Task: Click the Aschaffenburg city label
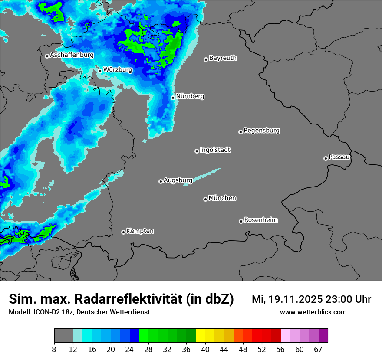pyautogui.click(x=72, y=55)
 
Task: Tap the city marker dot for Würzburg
pyautogui.click(x=100, y=71)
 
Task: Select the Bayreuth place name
pyautogui.click(x=223, y=58)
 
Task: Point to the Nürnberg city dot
pyautogui.click(x=173, y=98)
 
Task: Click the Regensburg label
pyautogui.click(x=261, y=130)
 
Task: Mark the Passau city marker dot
pyautogui.click(x=326, y=158)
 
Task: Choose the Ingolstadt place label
pyautogui.click(x=215, y=150)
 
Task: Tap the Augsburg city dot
pyautogui.click(x=161, y=181)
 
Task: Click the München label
pyautogui.click(x=222, y=198)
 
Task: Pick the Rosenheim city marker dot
pyautogui.click(x=241, y=221)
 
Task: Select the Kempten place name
pyautogui.click(x=140, y=231)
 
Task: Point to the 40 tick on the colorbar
pyautogui.click(x=205, y=350)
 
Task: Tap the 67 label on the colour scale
pyautogui.click(x=318, y=350)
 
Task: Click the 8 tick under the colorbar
pyautogui.click(x=54, y=350)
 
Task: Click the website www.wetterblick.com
pyautogui.click(x=313, y=312)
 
